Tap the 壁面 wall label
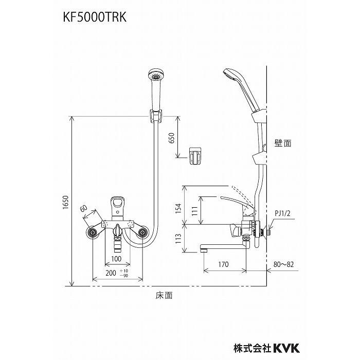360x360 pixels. (x=283, y=144)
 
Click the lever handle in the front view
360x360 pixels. (x=118, y=206)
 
